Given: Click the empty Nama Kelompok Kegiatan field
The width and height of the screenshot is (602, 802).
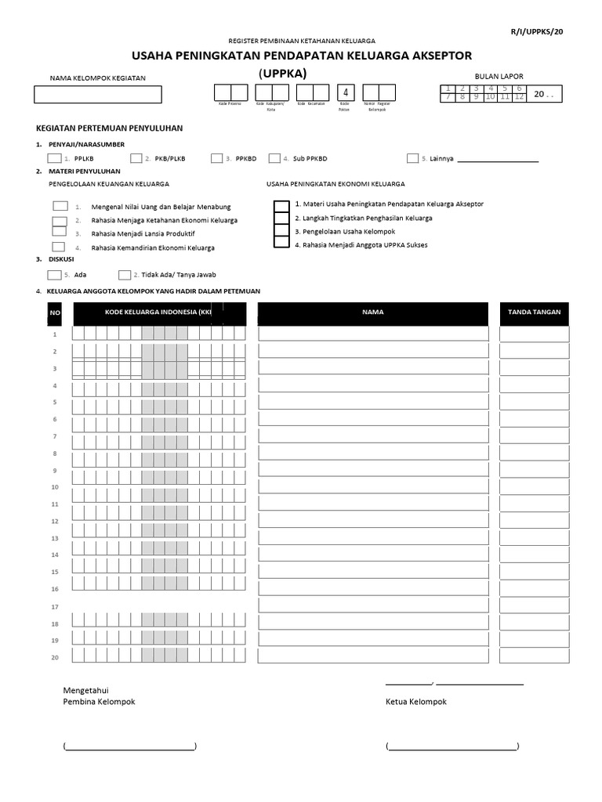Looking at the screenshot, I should [x=98, y=94].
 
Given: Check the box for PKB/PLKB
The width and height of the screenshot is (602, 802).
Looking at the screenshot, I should [x=136, y=158].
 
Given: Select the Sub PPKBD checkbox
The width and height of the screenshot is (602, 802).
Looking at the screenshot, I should [x=274, y=158].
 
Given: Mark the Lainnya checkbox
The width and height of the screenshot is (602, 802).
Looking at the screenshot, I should [x=412, y=158].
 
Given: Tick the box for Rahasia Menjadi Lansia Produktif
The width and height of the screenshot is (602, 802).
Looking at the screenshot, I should [x=60, y=233].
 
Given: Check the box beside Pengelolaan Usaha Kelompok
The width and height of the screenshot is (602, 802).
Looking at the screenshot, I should [x=281, y=231].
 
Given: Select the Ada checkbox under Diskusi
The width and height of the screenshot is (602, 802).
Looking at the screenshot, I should [x=54, y=275].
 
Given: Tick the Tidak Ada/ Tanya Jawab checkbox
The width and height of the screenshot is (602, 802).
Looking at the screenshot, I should [x=125, y=275].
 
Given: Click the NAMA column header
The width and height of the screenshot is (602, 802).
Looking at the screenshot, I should [x=373, y=312].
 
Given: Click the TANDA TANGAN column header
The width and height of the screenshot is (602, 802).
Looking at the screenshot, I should [x=535, y=312].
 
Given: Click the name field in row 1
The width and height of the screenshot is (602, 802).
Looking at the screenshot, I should [x=373, y=334].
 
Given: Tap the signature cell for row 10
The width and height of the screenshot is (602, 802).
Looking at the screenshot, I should [x=535, y=486].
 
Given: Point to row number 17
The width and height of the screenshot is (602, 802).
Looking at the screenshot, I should [x=55, y=607].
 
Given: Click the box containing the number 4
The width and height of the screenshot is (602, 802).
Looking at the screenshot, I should [x=345, y=92].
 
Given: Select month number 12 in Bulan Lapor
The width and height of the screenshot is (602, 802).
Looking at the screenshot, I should [x=518, y=97].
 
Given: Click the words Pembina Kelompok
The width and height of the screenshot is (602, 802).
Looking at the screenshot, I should [x=99, y=702].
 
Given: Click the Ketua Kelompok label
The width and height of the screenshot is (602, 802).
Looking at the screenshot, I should [x=416, y=702].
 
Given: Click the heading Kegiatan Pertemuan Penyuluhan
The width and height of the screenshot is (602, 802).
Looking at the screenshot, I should [x=109, y=128].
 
